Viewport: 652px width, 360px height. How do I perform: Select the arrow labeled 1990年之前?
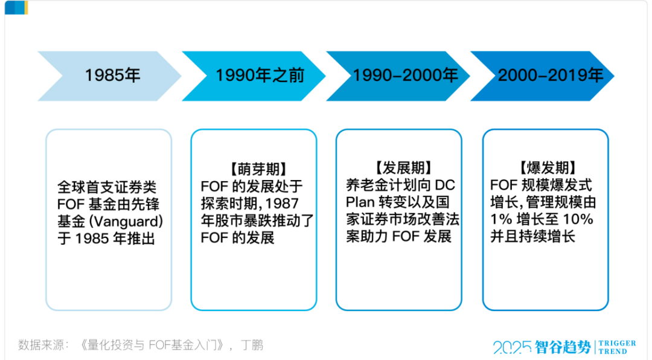pyautogui.click(x=254, y=76)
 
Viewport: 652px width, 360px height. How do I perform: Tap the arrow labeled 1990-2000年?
pyautogui.click(x=398, y=76)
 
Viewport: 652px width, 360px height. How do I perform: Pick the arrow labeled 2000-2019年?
pyautogui.click(x=543, y=76)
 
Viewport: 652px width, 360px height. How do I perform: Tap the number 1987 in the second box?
pyautogui.click(x=281, y=204)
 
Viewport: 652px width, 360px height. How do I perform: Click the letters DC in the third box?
pyautogui.click(x=444, y=185)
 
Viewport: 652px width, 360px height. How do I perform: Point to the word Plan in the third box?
pyautogui.click(x=360, y=202)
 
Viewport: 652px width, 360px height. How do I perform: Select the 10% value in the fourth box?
pyautogui.click(x=578, y=219)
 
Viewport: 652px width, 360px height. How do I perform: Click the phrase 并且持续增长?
pyautogui.click(x=532, y=236)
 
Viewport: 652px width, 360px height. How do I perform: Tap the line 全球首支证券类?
pyautogui.click(x=107, y=187)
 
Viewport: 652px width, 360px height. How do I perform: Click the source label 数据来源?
pyautogui.click(x=40, y=345)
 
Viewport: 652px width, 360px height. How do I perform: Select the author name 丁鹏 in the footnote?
pyautogui.click(x=252, y=345)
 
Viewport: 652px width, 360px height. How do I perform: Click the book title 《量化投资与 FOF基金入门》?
pyautogui.click(x=152, y=345)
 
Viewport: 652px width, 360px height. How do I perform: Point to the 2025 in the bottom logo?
pyautogui.click(x=512, y=347)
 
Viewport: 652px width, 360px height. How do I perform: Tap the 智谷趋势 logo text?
pyautogui.click(x=563, y=347)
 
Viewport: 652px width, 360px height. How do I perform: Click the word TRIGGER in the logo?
pyautogui.click(x=617, y=343)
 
